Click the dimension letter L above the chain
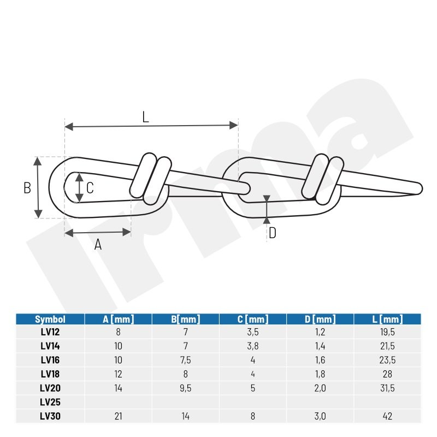tap(145, 117)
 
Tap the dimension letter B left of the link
tap(27, 188)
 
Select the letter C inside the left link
tap(90, 188)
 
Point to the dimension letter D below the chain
tap(272, 233)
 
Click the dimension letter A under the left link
tap(98, 244)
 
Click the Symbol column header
tap(50, 319)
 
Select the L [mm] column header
tap(387, 319)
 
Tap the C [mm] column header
tap(253, 319)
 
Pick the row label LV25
tap(50, 402)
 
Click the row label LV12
tap(50, 332)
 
